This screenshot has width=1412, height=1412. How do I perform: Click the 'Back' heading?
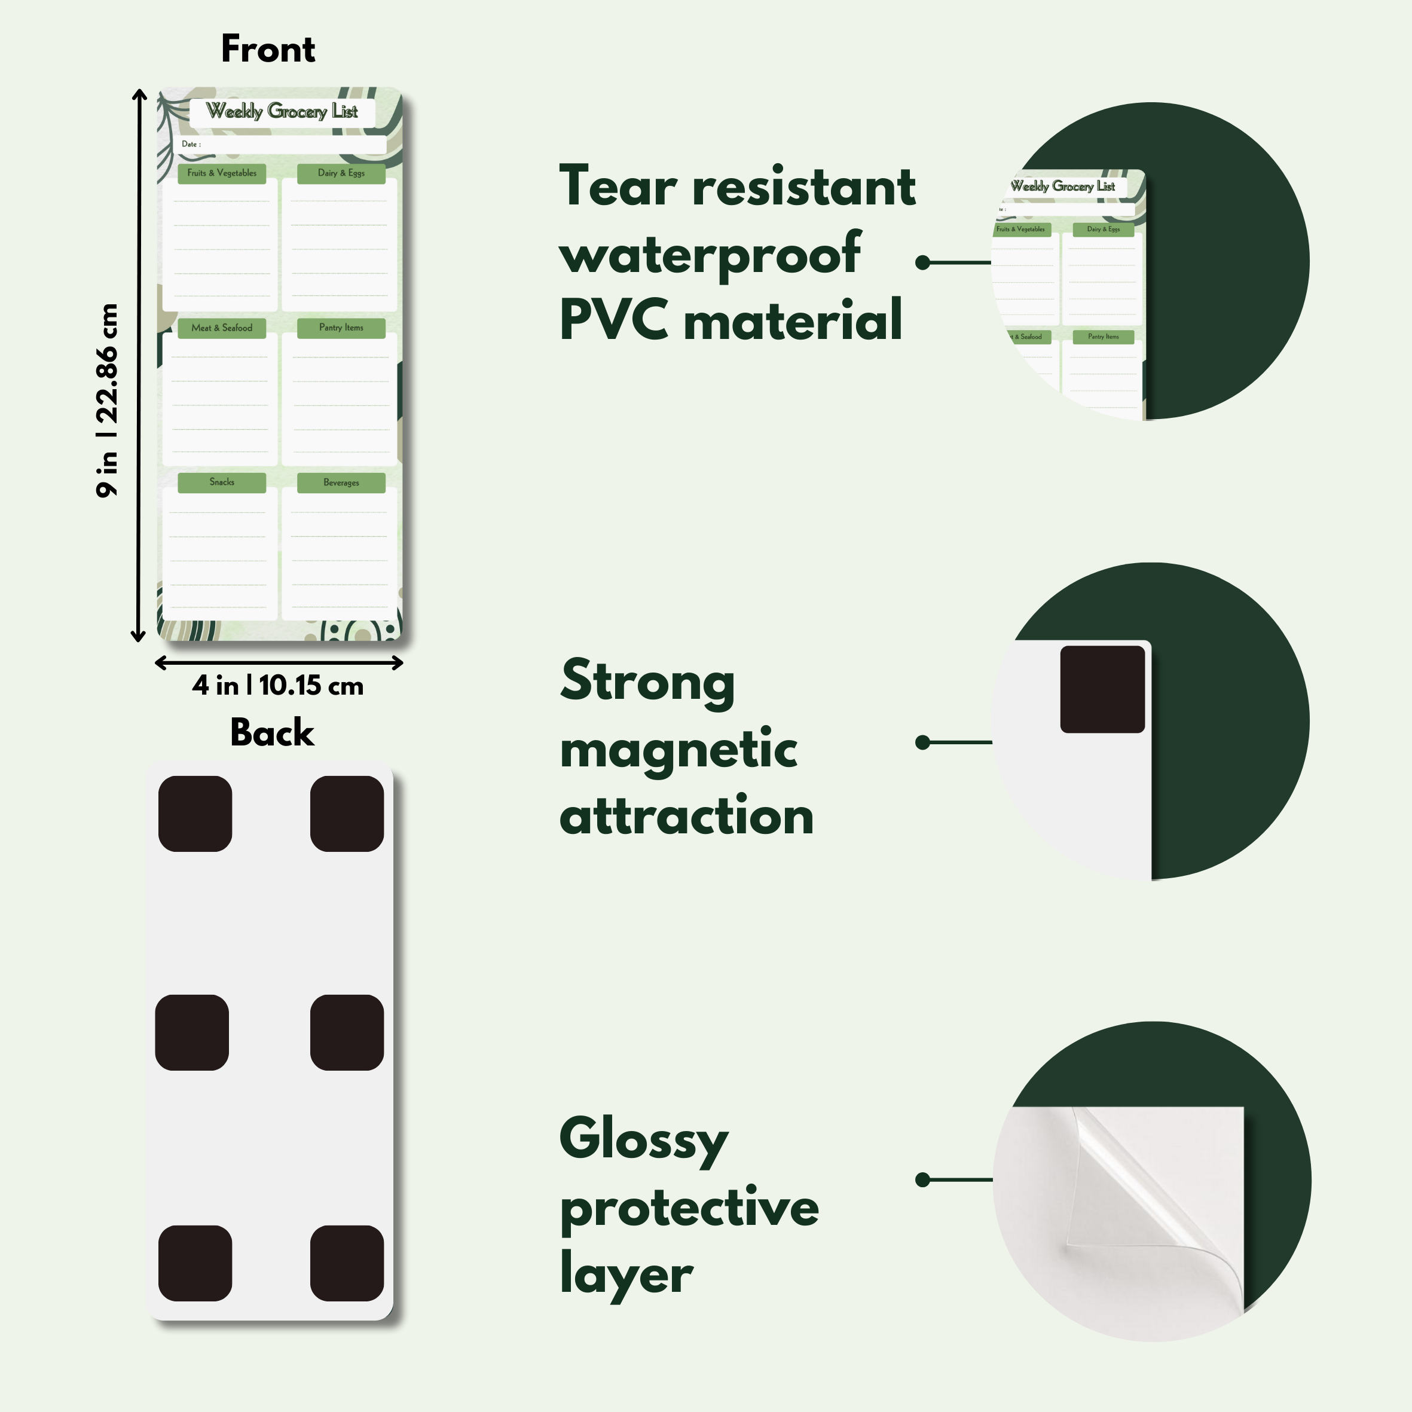tap(272, 732)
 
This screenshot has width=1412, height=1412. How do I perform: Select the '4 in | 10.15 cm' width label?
tap(278, 686)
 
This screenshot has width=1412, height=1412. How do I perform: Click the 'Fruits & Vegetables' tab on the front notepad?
tap(221, 173)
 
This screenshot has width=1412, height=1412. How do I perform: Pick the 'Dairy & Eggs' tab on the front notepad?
tap(341, 173)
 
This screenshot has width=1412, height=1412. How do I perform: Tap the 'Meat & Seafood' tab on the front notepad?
tap(221, 328)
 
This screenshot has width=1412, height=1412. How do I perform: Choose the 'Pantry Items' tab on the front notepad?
tap(341, 328)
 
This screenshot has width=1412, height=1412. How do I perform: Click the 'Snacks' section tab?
tap(221, 482)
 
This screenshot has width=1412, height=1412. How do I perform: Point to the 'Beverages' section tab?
tap(341, 483)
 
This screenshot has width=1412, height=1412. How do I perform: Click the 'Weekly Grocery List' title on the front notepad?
tap(282, 112)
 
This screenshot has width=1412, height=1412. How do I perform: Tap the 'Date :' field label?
tap(191, 144)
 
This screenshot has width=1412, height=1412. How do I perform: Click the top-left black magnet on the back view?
tap(195, 814)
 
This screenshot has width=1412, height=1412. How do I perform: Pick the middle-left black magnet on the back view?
tap(191, 1032)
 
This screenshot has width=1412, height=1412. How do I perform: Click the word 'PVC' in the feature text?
tap(613, 320)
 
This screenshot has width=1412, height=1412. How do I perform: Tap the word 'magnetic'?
tap(679, 749)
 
